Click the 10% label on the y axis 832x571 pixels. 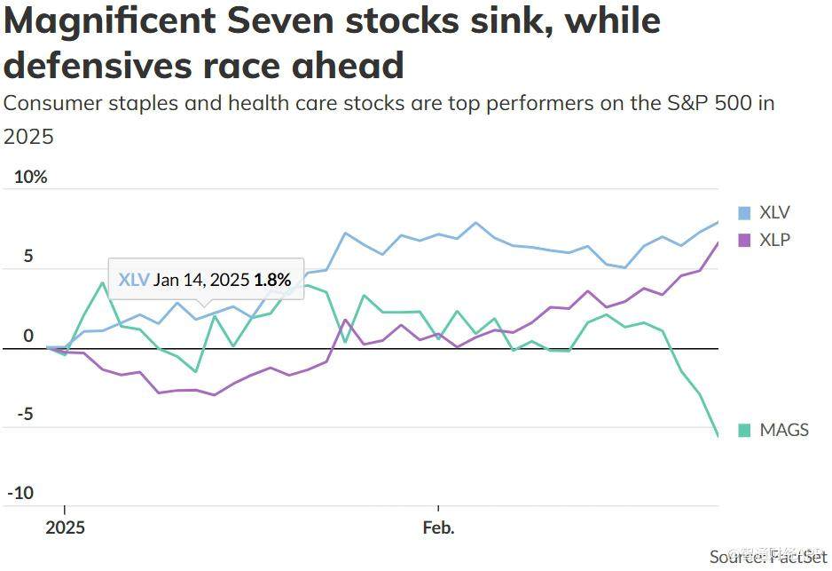point(30,177)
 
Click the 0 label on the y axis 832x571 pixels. point(28,336)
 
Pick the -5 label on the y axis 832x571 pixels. point(24,414)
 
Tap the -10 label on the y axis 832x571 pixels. point(22,493)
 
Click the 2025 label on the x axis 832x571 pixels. point(65,527)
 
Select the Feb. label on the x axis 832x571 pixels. point(438,527)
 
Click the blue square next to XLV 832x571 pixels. point(744,213)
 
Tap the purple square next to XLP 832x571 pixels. point(744,240)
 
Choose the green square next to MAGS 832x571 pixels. point(744,430)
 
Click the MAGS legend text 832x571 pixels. point(784,430)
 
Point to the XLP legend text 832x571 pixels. point(774,240)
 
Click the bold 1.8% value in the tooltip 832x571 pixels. point(272,280)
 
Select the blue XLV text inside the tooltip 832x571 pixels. point(134,280)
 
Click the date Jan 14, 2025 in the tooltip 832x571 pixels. point(201,280)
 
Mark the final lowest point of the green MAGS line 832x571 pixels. point(718,435)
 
